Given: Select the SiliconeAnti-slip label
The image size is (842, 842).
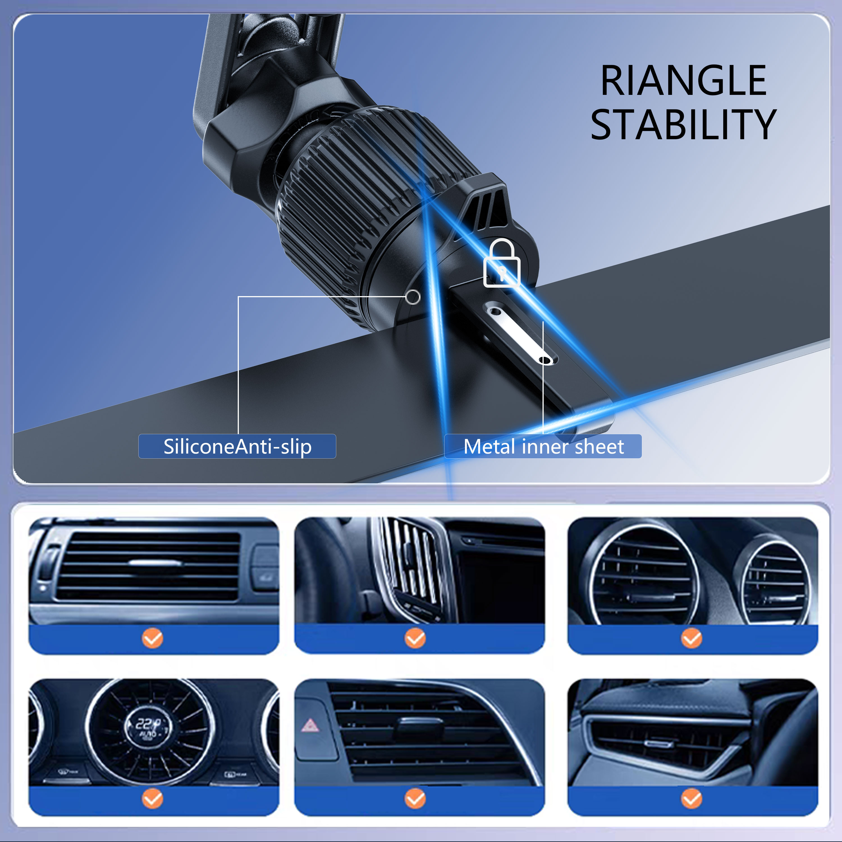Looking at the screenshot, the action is pyautogui.click(x=237, y=446).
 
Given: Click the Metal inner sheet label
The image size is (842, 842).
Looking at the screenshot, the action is pyautogui.click(x=543, y=446).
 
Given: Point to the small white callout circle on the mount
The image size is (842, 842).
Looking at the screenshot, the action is pyautogui.click(x=413, y=297).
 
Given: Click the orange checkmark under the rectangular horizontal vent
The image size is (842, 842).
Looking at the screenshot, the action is pyautogui.click(x=152, y=639).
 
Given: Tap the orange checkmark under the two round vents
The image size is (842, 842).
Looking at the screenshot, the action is pyautogui.click(x=692, y=639).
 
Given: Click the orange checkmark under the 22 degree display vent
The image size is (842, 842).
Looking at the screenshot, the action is pyautogui.click(x=152, y=799).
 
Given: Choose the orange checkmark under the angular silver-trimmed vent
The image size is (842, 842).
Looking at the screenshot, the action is pyautogui.click(x=692, y=799).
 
